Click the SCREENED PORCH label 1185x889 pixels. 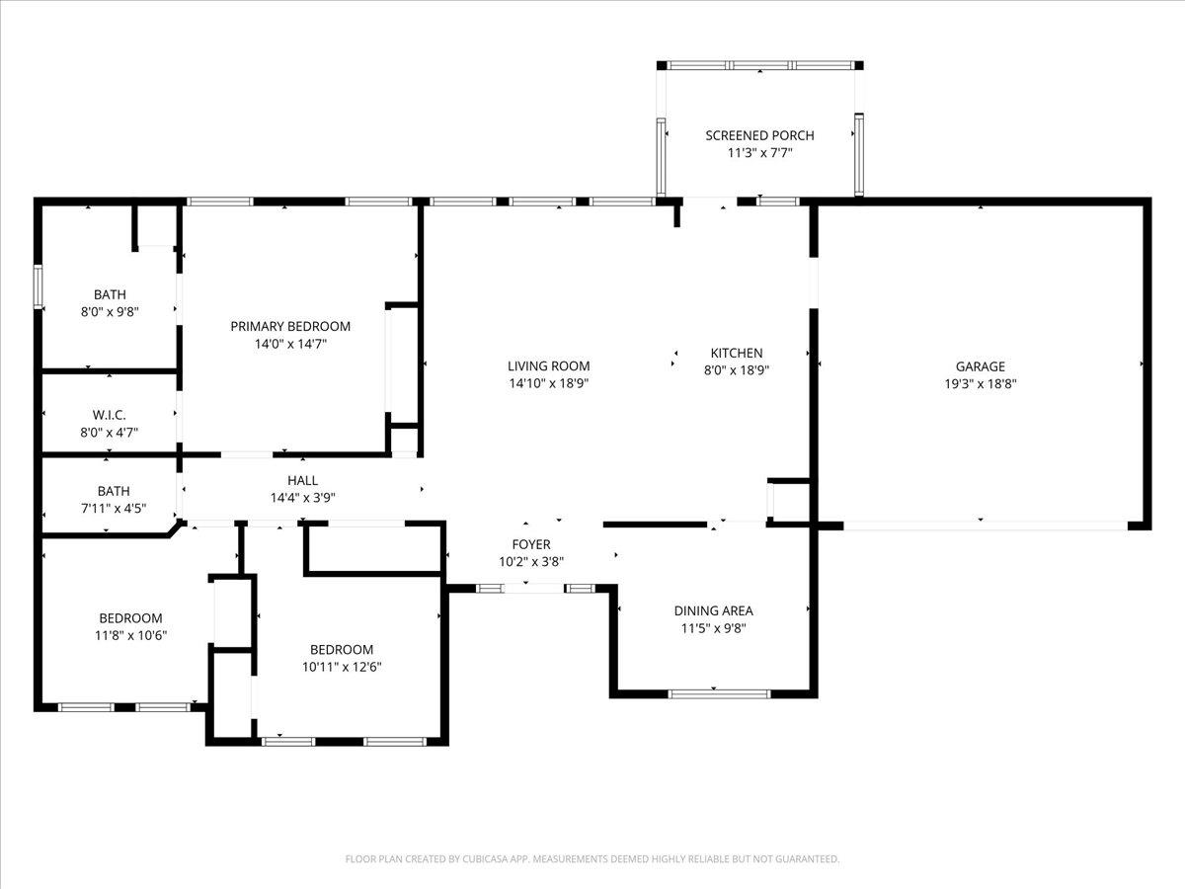759,135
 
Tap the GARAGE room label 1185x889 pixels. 980,366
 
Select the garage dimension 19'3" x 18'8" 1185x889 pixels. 980,383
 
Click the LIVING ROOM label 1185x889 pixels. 549,366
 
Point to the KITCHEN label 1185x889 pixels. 737,354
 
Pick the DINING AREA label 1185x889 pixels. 713,611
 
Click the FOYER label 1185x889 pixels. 530,544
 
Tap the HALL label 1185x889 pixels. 302,481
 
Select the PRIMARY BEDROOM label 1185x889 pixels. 290,327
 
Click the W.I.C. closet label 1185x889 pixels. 110,415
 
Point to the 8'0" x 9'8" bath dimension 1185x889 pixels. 110,311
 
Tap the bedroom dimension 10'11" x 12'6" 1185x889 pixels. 342,667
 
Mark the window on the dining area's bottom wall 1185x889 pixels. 719,693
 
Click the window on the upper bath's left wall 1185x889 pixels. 39,286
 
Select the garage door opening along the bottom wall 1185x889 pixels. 984,525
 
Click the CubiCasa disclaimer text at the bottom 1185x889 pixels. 592,859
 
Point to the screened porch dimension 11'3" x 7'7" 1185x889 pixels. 759,153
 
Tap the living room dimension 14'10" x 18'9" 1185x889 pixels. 549,383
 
